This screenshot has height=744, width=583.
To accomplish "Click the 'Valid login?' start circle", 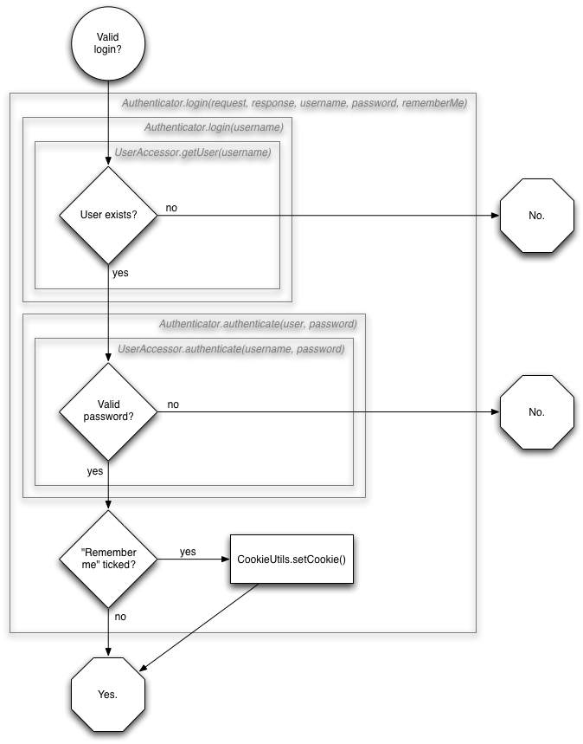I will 108,42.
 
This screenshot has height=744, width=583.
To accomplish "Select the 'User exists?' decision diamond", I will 108,215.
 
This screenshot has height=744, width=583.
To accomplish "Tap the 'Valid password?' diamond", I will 108,411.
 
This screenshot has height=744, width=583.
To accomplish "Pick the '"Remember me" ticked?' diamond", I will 108,559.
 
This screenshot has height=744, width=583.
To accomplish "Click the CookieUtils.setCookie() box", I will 291,559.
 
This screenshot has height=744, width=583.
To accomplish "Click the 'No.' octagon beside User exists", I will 536,215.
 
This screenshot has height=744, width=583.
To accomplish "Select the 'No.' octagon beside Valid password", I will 536,411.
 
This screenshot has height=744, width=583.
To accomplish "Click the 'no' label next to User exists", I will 172,208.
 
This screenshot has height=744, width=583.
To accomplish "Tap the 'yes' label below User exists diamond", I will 122,272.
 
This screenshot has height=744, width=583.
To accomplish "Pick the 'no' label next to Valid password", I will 173,404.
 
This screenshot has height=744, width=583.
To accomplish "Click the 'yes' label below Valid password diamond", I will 95,471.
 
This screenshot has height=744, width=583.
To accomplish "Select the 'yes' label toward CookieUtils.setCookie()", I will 188,551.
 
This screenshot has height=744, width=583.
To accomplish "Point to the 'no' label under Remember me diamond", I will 120,617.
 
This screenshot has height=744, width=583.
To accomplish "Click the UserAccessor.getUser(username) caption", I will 193,152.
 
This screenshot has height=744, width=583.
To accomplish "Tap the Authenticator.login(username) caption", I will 213,127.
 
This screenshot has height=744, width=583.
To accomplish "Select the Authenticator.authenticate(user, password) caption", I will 258,324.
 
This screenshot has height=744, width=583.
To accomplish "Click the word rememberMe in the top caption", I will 434,103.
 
